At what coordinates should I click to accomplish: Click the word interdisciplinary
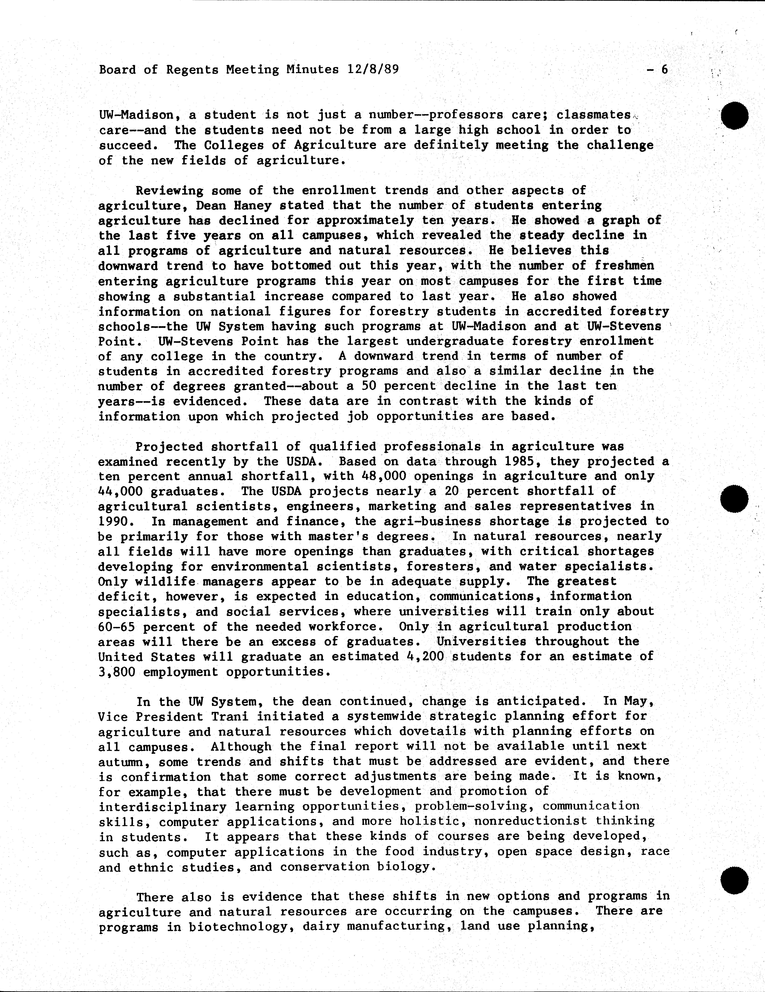click(162, 807)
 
